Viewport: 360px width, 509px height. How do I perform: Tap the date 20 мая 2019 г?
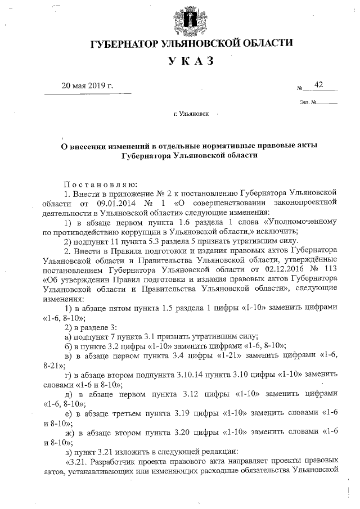pyautogui.click(x=87, y=85)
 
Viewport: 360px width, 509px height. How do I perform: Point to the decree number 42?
pyautogui.click(x=319, y=85)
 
